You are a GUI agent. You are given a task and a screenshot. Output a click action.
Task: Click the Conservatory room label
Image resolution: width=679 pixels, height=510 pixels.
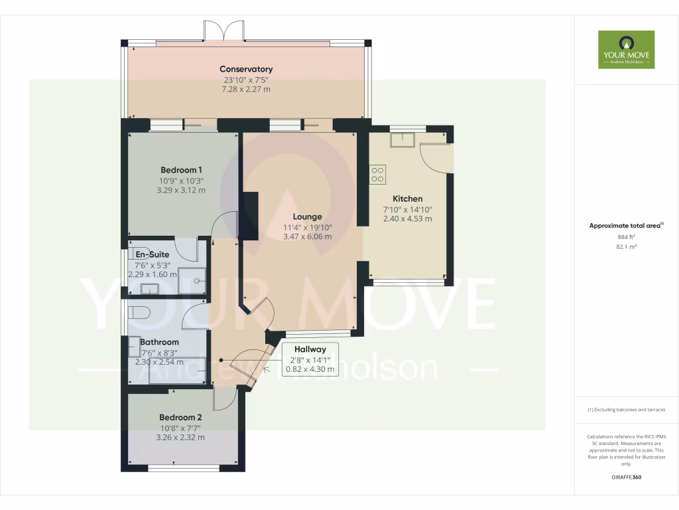[x=246, y=69]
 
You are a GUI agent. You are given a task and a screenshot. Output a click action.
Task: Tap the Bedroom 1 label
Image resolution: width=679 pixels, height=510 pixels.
[x=181, y=169]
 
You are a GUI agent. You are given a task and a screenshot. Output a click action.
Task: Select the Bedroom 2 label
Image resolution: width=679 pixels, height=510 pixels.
[x=180, y=417]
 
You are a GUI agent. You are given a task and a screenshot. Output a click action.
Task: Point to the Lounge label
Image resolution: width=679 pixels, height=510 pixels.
[x=307, y=216]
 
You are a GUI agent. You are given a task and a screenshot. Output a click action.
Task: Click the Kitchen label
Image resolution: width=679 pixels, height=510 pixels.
[x=407, y=199]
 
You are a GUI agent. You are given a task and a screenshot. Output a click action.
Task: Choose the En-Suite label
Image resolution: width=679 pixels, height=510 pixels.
[x=153, y=254]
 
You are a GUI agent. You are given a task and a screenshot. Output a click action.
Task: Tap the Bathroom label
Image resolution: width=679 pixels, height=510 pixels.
[x=159, y=342]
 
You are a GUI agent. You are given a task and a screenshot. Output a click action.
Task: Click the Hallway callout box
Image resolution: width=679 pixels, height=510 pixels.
[x=310, y=359]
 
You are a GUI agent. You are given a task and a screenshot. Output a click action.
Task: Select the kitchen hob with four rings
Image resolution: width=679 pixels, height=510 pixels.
[x=378, y=174]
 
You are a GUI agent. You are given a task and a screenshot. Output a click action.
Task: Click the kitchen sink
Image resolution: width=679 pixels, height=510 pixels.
[x=402, y=139]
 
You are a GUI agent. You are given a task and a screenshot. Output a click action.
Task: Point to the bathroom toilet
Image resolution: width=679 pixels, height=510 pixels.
[x=139, y=312]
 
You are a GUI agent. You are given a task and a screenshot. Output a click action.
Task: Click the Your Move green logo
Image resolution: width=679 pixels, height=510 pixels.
[x=626, y=49]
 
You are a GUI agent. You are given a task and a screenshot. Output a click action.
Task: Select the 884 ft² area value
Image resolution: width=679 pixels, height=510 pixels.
[x=626, y=236]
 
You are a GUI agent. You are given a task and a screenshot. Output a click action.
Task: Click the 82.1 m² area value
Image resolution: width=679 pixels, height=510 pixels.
[x=626, y=246]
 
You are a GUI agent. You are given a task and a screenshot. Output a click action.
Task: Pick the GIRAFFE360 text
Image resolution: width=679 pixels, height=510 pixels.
[x=626, y=477]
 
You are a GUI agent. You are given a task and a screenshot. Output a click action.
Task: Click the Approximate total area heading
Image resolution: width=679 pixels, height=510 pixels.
[x=625, y=226]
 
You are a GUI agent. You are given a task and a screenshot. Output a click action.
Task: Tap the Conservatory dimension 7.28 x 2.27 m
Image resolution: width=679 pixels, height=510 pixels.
[x=246, y=89]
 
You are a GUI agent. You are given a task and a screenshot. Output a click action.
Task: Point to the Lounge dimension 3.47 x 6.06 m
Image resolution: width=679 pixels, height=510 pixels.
[x=307, y=236]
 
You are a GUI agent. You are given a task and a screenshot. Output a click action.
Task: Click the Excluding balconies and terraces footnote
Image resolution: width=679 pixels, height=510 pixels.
[x=626, y=410]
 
